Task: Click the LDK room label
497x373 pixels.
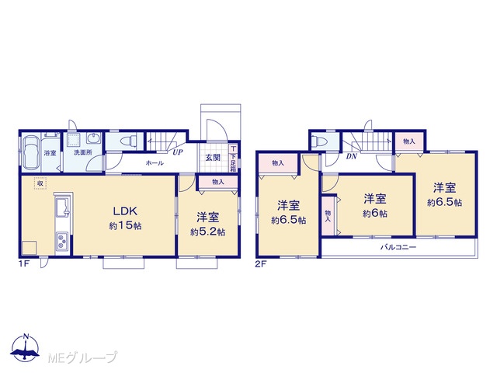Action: (x=125, y=211)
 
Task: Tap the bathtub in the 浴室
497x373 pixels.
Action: (x=31, y=153)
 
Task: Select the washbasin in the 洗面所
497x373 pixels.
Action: (x=93, y=138)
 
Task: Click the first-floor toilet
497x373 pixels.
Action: (x=129, y=140)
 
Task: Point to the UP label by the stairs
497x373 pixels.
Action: (x=178, y=152)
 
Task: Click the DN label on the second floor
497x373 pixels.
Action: (x=352, y=156)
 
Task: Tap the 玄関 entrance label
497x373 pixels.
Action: (x=213, y=158)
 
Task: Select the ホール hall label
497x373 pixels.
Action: (x=155, y=163)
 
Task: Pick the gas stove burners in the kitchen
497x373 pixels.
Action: (x=62, y=240)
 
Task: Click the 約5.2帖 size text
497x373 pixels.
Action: (x=208, y=232)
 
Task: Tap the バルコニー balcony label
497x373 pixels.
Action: (x=398, y=247)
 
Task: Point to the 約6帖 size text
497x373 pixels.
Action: (x=375, y=214)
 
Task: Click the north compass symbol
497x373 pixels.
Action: (x=26, y=347)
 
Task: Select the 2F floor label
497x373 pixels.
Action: (x=261, y=264)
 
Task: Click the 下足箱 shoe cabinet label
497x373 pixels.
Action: (x=233, y=162)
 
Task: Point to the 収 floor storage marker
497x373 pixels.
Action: (x=40, y=183)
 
